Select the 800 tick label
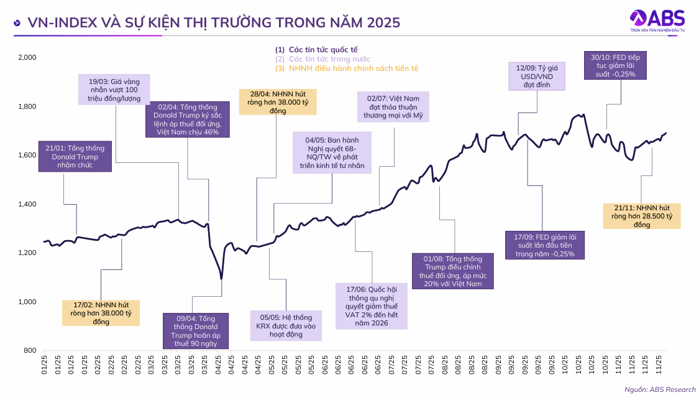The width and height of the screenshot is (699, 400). coord(30,351)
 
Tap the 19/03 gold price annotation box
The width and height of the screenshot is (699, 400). coord(114,89)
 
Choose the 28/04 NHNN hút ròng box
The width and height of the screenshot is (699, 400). coord(277,101)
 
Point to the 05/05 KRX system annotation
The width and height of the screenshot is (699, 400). coord(286,325)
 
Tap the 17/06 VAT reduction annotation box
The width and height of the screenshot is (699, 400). coord(371,306)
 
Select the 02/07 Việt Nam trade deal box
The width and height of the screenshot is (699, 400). coord(394,106)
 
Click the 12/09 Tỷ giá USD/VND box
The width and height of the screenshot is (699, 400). coord(537,76)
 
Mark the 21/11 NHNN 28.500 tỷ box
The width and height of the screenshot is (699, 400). coord(641,216)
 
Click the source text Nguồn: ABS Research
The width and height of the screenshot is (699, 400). coord(660,389)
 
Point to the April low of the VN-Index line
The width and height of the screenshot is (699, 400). coord(221,279)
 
